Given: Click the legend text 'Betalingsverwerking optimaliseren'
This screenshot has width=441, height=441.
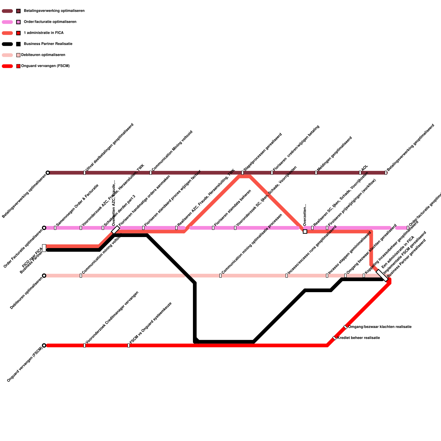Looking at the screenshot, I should pos(54,11).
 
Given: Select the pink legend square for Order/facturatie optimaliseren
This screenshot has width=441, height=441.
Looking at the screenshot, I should pos(18,22).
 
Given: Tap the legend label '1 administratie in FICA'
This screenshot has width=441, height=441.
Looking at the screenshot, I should pos(44,33).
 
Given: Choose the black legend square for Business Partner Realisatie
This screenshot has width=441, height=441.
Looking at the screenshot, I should pos(18,44).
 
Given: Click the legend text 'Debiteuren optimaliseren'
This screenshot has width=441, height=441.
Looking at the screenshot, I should pos(43,55).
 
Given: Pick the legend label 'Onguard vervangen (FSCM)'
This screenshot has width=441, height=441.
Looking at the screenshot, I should pos(45,66).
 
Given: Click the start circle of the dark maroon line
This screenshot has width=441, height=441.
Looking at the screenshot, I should pos(48,173).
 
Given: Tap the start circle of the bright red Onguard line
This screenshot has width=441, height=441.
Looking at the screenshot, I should pos(44,345).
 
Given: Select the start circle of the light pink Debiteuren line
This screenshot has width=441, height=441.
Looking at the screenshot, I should pos(44,276).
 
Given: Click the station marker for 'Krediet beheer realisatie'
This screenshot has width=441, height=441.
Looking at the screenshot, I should pos(334,338).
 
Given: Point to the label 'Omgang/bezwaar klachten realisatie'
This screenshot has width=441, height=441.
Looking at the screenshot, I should pos(380,327).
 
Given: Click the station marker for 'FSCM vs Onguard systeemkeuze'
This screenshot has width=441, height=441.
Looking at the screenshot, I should pos(128,345).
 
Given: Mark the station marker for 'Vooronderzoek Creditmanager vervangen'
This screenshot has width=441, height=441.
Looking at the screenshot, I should pos(84,345).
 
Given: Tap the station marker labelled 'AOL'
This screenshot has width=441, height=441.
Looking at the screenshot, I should pos(360,173).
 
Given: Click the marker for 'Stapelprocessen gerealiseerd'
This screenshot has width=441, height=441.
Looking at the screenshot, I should pos(243,173).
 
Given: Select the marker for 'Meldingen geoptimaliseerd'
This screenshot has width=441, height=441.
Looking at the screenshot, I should pos(316,173).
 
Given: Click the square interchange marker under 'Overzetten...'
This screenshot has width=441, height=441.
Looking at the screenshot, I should pos(305,232).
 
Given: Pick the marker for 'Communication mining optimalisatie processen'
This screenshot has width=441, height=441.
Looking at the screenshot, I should pos(220,276).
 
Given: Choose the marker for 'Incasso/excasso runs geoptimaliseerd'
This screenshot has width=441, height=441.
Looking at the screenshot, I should pos(287,276).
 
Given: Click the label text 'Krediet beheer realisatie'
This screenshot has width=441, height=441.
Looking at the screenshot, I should pos(358,338).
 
